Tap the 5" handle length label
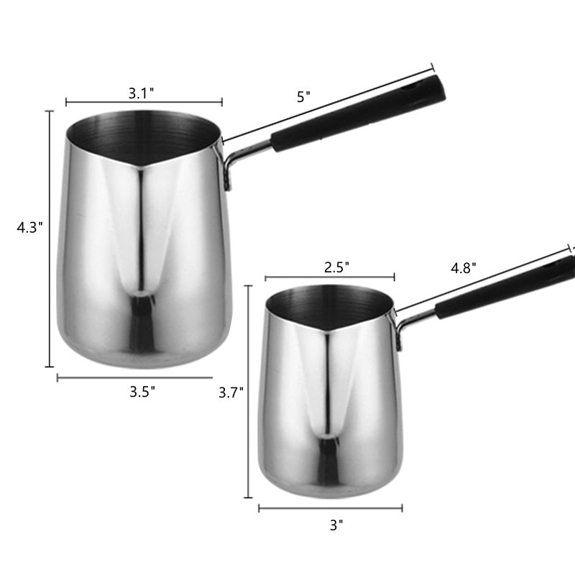[303, 97]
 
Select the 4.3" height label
[30, 227]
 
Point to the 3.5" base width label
[142, 392]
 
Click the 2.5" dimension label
[336, 267]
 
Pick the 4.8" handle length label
[464, 268]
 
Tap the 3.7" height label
[231, 392]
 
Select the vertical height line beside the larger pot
[50, 237]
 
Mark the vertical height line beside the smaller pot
[248, 392]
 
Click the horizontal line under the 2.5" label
[329, 277]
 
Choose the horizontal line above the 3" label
[331, 508]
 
